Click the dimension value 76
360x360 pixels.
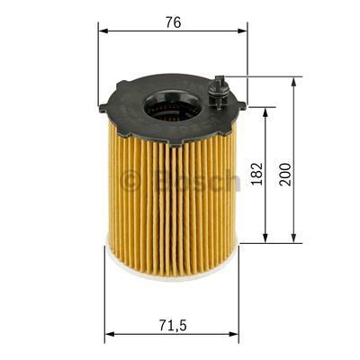[173, 22]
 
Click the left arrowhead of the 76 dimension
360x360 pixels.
[103, 31]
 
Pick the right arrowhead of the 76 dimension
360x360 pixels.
[243, 31]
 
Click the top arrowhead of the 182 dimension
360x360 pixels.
[265, 112]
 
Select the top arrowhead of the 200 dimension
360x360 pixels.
[294, 81]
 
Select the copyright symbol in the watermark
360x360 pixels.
[130, 183]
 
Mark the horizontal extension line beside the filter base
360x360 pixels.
[270, 242]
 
